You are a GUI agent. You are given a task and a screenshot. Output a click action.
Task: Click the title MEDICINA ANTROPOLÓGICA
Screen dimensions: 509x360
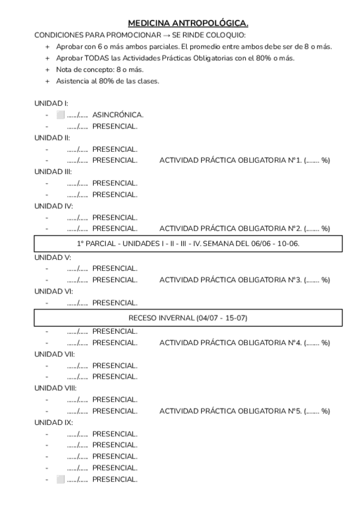point(188,23)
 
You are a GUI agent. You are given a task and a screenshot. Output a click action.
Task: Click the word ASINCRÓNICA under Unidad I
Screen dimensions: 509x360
point(118,115)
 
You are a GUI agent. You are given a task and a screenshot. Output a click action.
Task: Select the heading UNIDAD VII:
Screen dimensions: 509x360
point(55,354)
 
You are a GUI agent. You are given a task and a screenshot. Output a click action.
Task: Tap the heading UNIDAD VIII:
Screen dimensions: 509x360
point(55,388)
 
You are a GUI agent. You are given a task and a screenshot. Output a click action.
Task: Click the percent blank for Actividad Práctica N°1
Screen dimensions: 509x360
point(314,160)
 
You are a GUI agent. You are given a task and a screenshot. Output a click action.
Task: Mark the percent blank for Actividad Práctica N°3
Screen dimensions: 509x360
point(314,280)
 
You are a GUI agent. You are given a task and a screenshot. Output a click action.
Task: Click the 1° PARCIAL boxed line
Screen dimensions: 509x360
point(188,244)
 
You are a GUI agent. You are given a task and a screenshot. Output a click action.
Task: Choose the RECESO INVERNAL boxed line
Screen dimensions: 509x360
point(188,318)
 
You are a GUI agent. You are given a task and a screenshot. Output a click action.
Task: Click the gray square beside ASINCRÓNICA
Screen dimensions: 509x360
point(60,115)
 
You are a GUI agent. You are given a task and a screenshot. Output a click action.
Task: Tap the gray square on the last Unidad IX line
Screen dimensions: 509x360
point(60,479)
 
